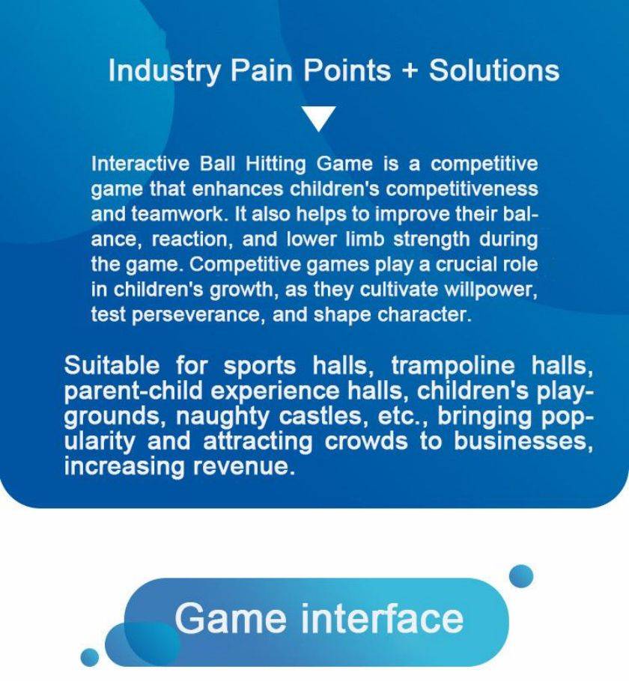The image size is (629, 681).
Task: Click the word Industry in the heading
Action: (164, 71)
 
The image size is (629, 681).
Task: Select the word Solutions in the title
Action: (494, 70)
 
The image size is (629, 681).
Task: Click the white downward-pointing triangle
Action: (319, 118)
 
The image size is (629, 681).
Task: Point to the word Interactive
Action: (141, 164)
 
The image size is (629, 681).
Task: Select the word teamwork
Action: (179, 214)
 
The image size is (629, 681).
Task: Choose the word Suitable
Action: (112, 365)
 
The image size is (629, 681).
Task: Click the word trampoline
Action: (453, 366)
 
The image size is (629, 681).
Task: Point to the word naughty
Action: (222, 417)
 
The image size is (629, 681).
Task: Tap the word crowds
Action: (366, 441)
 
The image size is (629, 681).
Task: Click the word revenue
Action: (241, 467)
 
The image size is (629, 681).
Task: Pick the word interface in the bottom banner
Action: (382, 618)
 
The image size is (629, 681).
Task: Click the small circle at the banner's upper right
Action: (520, 576)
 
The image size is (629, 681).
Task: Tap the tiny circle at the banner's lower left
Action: (90, 657)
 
